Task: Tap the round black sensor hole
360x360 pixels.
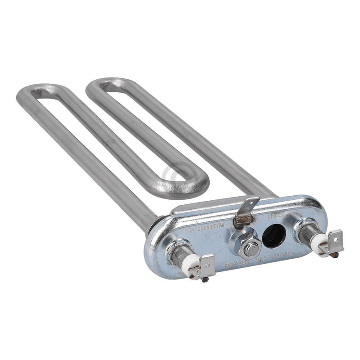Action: point(274,235)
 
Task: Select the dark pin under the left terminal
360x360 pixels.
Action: point(205,280)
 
